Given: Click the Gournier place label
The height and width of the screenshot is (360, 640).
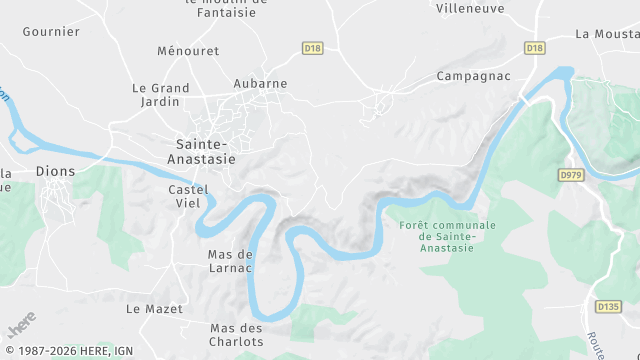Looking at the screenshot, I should pos(50,31).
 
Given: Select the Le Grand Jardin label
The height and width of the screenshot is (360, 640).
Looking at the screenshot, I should pos(161,94).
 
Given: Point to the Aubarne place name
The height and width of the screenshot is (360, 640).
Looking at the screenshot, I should pos(260,84).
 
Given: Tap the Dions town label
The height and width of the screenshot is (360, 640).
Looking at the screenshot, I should pos(55,171).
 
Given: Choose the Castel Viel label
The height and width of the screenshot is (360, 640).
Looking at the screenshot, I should pos(189,196).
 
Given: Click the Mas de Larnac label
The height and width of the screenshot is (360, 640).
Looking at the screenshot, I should pos(230,261).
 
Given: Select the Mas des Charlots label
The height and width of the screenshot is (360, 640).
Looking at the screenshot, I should pos(237,334).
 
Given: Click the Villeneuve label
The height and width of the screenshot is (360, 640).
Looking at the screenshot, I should pos(470,8).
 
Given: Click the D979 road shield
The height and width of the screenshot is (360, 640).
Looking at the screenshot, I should pos(571,175).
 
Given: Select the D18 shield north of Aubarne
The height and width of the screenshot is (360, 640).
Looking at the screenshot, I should pos(312,48).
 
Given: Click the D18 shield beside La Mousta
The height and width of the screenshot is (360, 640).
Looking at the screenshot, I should pos(534,48).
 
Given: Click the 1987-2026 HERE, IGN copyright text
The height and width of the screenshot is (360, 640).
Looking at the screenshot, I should pos(68,351).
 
